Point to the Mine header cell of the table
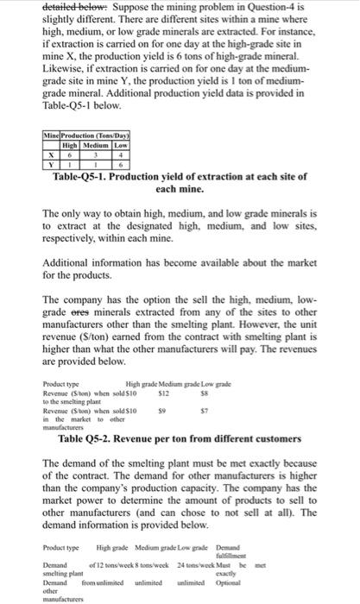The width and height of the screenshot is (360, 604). [x=51, y=135]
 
